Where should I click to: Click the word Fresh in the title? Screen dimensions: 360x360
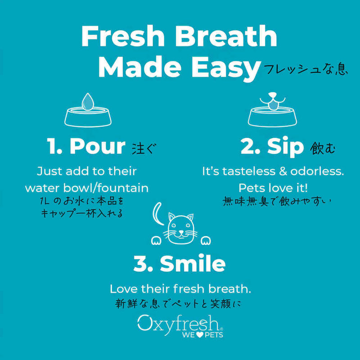click(x=123, y=36)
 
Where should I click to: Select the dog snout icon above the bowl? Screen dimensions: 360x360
click(x=273, y=101)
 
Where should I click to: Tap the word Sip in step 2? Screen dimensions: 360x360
click(x=285, y=147)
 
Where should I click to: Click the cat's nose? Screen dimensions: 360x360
click(x=181, y=231)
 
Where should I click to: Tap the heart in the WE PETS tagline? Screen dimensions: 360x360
click(x=200, y=335)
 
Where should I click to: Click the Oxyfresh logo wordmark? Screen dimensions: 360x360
click(x=180, y=324)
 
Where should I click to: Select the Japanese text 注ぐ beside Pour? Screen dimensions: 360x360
click(x=144, y=148)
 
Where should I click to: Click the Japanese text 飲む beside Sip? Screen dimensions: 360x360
click(x=323, y=148)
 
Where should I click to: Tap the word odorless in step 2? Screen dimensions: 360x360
click(x=317, y=171)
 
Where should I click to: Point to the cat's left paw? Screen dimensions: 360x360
click(x=156, y=240)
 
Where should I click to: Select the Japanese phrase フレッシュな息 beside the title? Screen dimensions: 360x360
click(x=306, y=69)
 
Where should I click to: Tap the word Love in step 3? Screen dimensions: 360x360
click(x=124, y=289)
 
